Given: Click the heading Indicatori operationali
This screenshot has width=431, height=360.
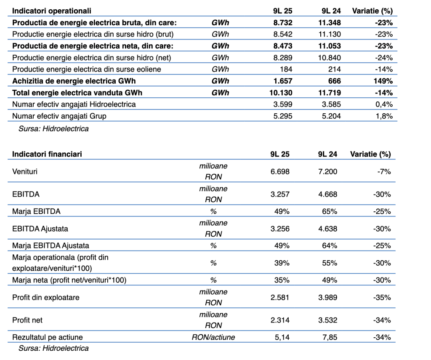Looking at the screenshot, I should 51,11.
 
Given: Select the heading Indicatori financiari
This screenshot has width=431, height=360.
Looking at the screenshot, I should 47,154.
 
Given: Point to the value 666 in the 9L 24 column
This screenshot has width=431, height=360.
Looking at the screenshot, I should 334,81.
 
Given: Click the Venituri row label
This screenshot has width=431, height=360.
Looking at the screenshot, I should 25,172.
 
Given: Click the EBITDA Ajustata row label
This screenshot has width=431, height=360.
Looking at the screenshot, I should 40,229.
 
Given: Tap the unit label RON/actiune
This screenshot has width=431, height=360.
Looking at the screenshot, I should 213,337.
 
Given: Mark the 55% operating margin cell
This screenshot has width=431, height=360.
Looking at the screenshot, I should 330,263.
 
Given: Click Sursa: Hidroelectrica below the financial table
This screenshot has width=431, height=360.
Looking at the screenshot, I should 53,348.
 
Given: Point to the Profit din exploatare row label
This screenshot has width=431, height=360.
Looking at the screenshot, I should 46,298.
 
